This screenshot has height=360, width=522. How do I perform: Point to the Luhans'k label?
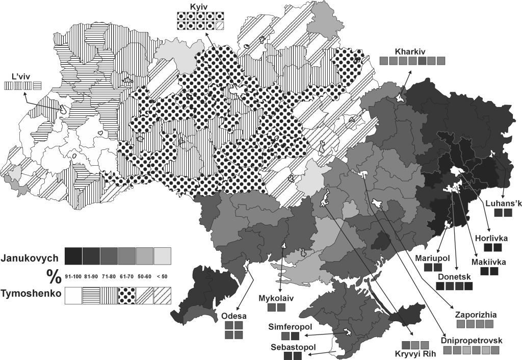(501, 203)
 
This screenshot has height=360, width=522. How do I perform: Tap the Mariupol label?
(432, 258)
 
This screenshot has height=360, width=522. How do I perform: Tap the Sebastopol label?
(293, 347)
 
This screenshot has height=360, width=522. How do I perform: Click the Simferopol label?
(290, 326)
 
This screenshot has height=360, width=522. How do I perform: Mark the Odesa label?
(232, 316)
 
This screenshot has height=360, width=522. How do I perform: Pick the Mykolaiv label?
(276, 297)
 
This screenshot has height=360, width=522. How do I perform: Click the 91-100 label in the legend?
(73, 276)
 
